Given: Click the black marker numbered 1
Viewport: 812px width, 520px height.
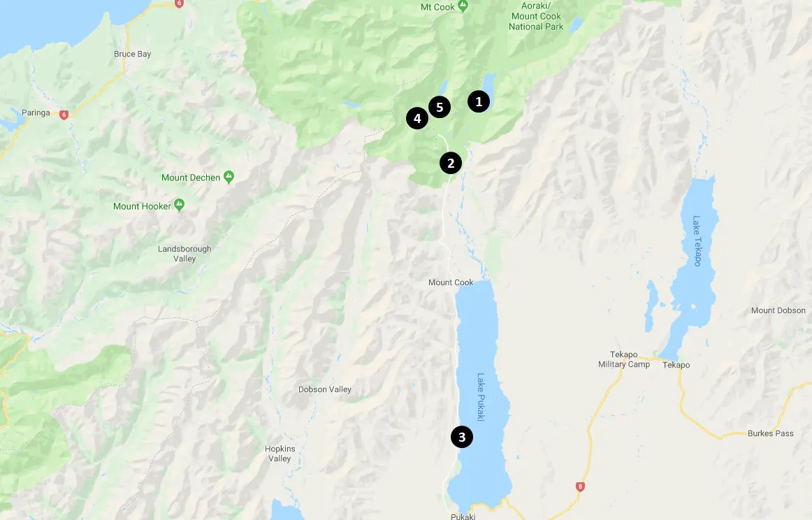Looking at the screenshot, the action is [x=479, y=101].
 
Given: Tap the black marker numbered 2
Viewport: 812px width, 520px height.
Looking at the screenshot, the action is [x=451, y=163].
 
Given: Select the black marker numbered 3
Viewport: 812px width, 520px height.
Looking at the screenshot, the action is [x=462, y=438].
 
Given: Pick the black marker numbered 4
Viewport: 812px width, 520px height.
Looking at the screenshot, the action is [x=417, y=118].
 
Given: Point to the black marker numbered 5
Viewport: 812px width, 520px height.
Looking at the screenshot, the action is [x=440, y=107].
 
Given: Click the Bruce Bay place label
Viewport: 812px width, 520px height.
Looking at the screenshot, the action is [x=132, y=54].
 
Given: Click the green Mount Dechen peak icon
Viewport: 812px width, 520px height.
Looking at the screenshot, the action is [x=229, y=177].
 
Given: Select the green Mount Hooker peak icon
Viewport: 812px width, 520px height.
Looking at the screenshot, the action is [x=180, y=205].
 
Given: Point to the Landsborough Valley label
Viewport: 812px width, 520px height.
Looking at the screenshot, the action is [x=184, y=254].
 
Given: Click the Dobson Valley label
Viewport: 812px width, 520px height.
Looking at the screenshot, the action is [x=325, y=389].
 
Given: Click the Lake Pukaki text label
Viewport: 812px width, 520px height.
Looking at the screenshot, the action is [x=481, y=396].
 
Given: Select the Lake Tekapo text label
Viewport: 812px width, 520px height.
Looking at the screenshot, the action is [x=697, y=240].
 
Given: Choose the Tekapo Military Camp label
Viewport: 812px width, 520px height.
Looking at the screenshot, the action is [x=623, y=360].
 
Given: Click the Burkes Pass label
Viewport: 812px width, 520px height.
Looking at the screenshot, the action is [x=770, y=433].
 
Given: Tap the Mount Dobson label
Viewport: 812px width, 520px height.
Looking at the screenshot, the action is [x=778, y=310].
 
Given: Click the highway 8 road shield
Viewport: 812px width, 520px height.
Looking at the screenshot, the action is [x=579, y=486].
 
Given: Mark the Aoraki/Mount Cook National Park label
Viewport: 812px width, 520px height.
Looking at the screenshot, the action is [x=536, y=17].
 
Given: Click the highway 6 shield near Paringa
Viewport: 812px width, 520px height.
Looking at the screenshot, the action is [x=64, y=115].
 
